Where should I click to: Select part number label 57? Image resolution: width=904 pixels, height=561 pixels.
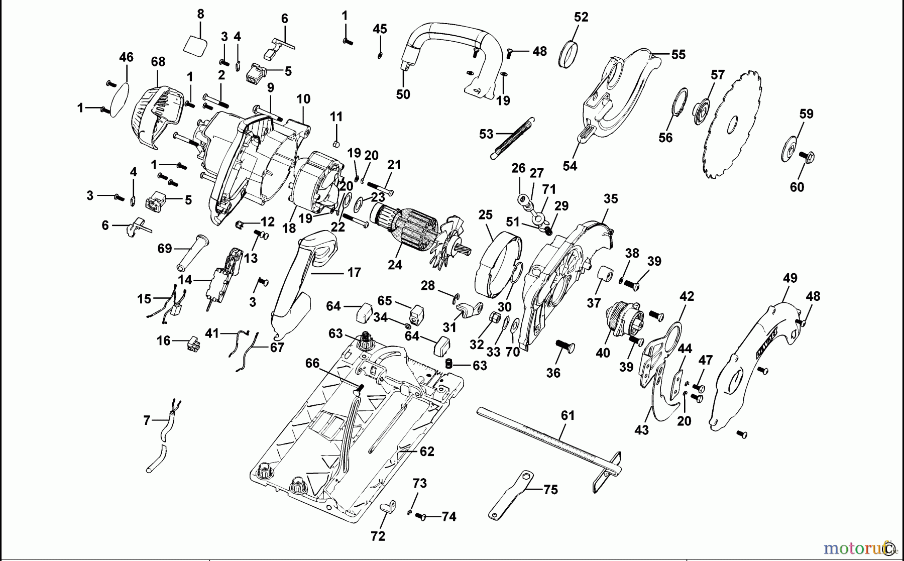[718, 75]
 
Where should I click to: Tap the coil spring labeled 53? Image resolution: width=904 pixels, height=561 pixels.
[512, 138]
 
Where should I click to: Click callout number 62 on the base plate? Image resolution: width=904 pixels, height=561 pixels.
[426, 452]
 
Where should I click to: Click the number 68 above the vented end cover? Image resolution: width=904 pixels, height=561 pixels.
[158, 62]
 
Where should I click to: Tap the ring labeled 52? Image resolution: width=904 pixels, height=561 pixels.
[568, 54]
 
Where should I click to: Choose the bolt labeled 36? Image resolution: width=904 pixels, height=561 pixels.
[564, 347]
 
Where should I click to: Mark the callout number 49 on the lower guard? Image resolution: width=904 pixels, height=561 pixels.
[789, 278]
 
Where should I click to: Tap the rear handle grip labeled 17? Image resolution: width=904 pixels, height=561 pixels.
[301, 281]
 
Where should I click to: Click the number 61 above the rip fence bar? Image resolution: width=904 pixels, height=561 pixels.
[568, 416]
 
